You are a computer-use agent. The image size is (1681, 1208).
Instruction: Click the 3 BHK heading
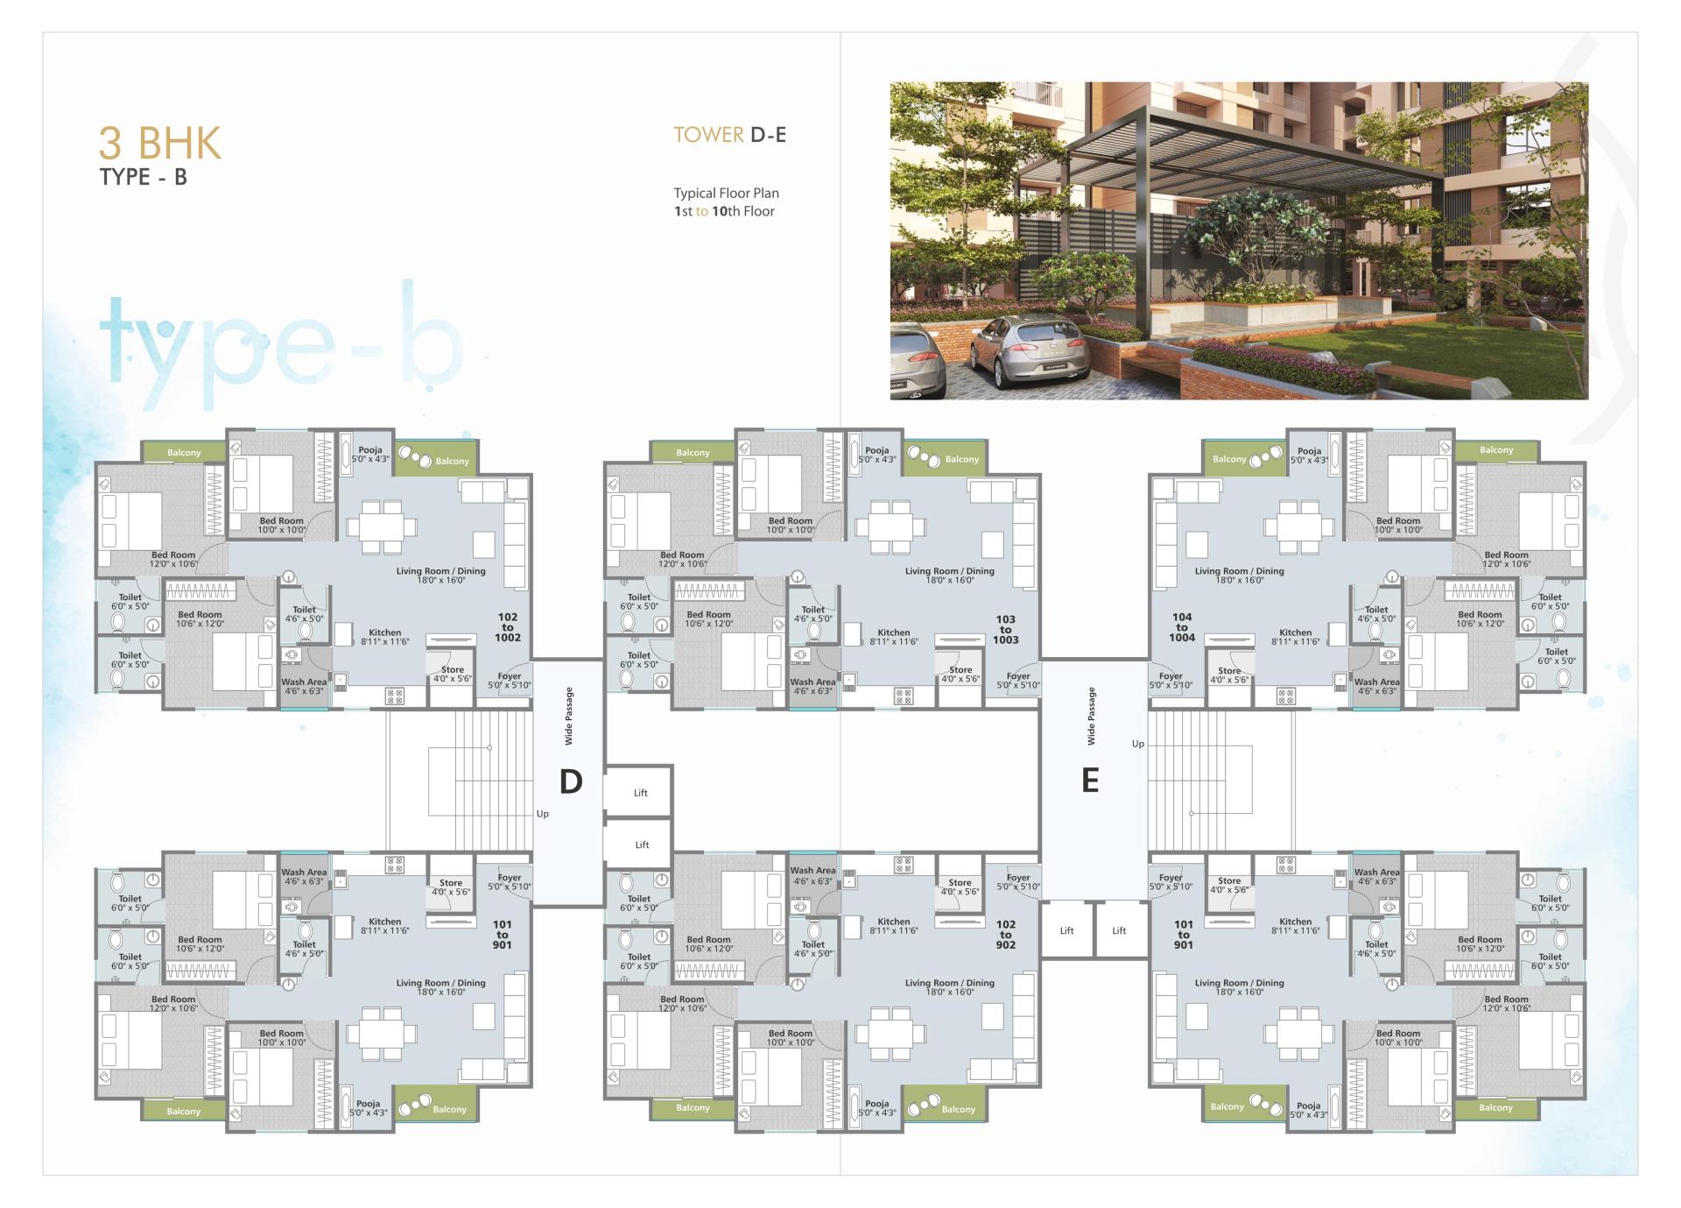coord(160,143)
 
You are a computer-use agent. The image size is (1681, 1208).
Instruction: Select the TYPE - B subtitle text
coord(144,177)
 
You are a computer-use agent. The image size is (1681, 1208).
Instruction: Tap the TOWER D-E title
coord(729,135)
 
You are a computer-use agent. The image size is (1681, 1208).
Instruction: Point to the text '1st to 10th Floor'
coord(724,211)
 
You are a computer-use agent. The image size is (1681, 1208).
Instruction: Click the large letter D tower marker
coord(571,781)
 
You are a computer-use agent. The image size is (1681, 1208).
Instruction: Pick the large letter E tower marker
coord(1090,780)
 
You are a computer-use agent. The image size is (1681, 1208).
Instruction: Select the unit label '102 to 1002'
coord(508,627)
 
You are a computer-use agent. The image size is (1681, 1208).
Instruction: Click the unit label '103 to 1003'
coord(1005,629)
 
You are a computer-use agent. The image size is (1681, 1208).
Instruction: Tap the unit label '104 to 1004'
coord(1182,627)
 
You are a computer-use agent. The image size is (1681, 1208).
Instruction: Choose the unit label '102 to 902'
coord(1005,935)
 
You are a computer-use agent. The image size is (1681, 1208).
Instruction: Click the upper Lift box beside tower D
coord(640,793)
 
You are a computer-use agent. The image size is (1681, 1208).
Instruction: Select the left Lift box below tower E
coord(1066,930)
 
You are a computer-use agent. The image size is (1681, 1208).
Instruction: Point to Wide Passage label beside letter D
coord(569,716)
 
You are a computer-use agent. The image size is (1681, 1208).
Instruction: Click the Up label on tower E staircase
coord(1138,744)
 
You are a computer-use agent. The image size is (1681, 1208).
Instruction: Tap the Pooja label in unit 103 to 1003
coord(876,451)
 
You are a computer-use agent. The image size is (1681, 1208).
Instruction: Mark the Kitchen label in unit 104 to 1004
coord(1295,632)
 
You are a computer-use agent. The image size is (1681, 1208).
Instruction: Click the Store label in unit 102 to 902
coord(960,883)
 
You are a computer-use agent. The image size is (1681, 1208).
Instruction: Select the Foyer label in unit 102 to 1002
coord(509,676)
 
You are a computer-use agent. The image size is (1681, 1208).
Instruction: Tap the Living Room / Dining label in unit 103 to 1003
coord(949,571)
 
